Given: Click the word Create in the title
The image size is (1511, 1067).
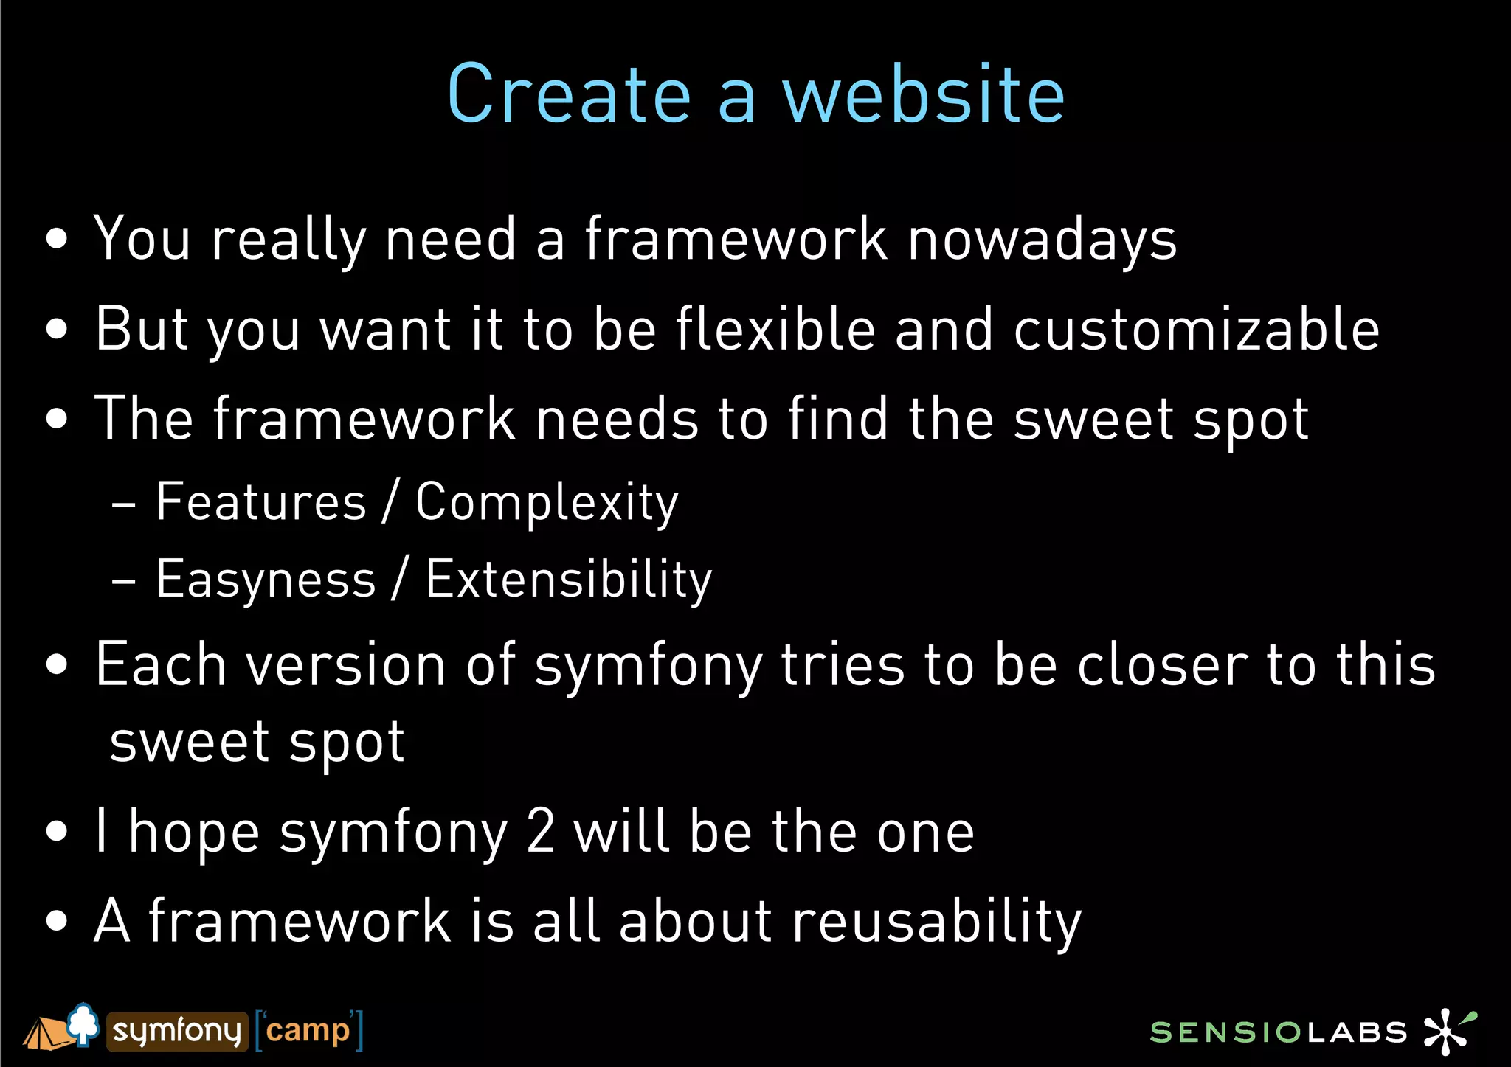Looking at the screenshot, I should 569,94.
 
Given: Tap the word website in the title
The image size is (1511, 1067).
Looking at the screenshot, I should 924,94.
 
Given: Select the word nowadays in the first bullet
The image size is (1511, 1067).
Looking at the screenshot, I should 1042,240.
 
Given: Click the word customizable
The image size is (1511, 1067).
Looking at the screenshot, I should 1196,329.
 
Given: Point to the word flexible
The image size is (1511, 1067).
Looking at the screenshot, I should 775,329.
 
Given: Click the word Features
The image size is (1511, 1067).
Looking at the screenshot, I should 261,502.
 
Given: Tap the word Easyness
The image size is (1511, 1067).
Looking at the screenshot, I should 266,580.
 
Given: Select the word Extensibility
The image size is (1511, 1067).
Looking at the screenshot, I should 569,580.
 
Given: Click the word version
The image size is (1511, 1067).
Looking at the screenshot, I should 346,665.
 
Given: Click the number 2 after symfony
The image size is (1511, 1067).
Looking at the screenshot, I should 541,831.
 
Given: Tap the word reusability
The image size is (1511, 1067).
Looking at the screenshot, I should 936,922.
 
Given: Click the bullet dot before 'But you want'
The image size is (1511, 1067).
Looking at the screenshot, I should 56,329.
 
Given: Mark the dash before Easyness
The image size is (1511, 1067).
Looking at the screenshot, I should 123,581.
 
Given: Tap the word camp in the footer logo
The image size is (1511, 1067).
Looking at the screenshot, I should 308,1030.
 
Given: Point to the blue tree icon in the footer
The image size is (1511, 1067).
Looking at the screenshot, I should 83,1023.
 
